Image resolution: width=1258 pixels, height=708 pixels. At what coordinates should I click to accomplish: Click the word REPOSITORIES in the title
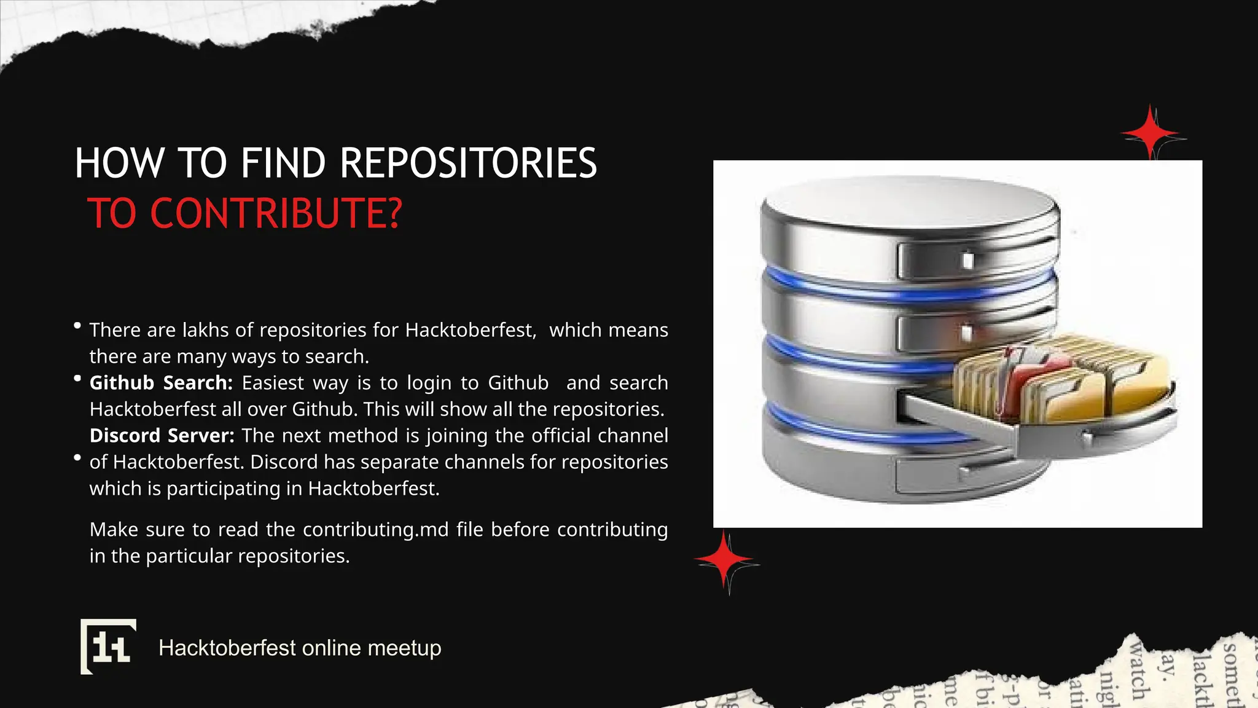coord(468,163)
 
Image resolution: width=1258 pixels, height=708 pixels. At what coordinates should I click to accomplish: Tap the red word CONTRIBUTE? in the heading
coord(276,214)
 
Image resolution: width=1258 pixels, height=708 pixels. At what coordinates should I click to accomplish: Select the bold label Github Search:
coord(161,383)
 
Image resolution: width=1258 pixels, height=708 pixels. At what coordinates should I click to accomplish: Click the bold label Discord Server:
coord(162,436)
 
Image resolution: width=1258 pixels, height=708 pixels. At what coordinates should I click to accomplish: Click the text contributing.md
coord(375,530)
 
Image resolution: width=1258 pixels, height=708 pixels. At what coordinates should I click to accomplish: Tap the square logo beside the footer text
coord(108,647)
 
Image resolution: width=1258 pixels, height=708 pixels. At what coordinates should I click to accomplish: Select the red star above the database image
coord(1151,133)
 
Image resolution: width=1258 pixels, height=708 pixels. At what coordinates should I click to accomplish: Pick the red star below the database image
coord(725,560)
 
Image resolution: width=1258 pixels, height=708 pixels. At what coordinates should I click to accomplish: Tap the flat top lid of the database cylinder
coord(909,203)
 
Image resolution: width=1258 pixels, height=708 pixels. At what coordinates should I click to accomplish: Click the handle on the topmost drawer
coord(967,260)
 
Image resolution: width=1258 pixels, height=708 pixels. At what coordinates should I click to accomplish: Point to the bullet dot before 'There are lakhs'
coord(77,326)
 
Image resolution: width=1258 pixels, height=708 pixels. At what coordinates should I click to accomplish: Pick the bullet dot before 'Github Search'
coord(77,379)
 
